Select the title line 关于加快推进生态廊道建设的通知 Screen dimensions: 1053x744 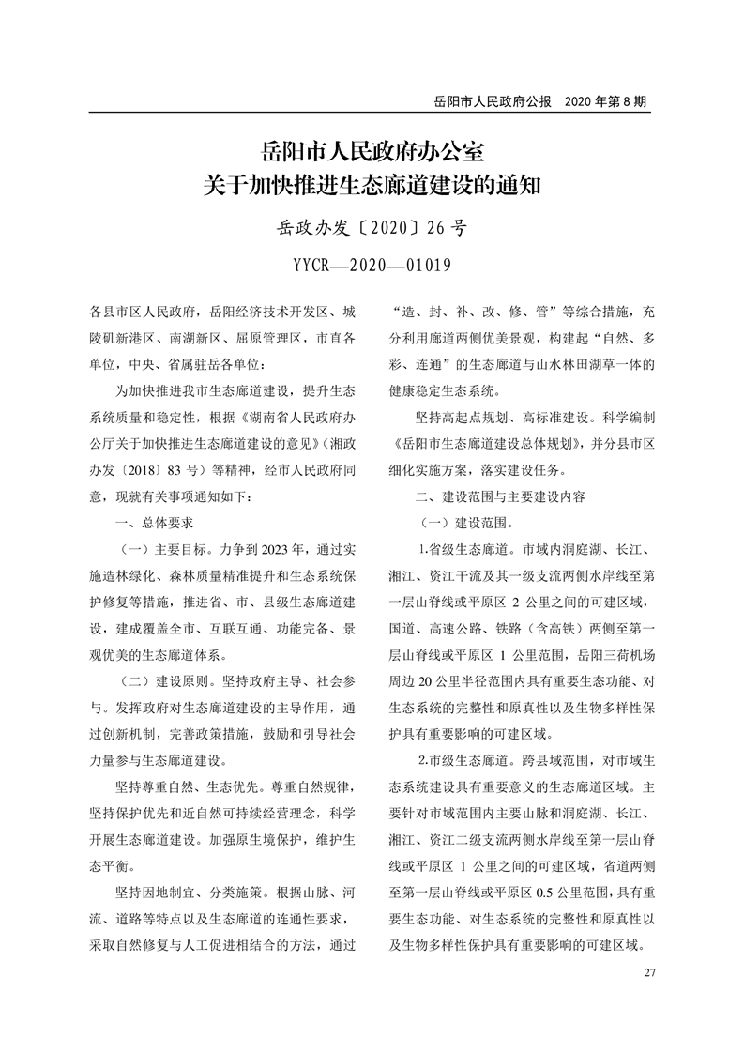point(372,184)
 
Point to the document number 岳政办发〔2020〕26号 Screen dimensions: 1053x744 point(372,226)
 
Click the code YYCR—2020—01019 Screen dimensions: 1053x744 point(372,264)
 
